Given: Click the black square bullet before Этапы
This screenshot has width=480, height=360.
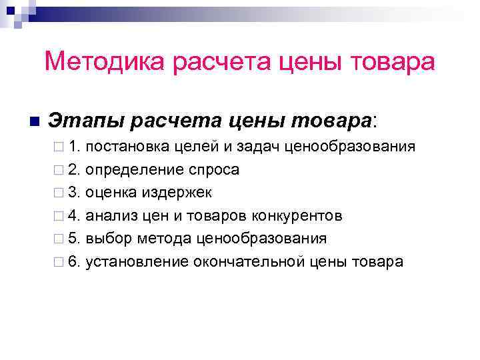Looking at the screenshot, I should click(35, 121).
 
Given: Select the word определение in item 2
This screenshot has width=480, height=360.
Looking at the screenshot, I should click(135, 170).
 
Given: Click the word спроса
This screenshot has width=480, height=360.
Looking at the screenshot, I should click(214, 170).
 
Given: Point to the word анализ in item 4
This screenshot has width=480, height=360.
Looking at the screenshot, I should click(111, 215).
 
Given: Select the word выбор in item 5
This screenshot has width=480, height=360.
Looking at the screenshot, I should click(109, 238).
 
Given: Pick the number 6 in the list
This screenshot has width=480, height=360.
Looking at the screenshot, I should click(73, 261).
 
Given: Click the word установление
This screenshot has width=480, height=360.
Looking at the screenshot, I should click(137, 261).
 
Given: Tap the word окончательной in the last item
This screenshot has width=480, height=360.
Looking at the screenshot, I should click(249, 261).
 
